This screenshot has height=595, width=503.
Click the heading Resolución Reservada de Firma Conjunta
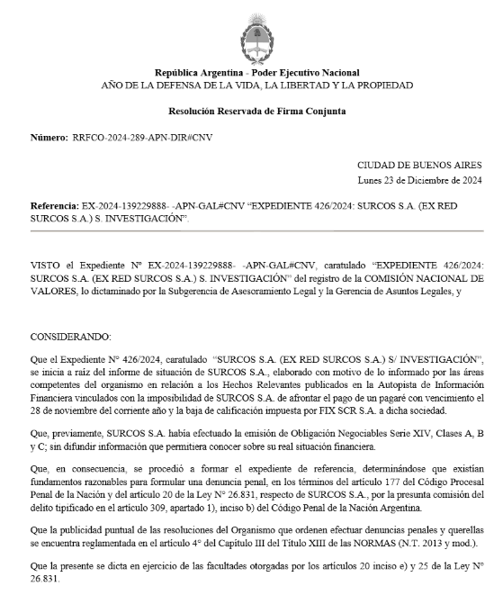click(256, 111)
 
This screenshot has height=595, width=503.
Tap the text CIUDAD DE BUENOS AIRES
click(418, 165)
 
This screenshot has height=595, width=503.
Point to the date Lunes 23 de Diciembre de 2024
click(419, 179)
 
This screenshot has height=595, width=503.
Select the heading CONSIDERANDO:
click(70, 335)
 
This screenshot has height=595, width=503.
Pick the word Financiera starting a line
click(54, 397)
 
